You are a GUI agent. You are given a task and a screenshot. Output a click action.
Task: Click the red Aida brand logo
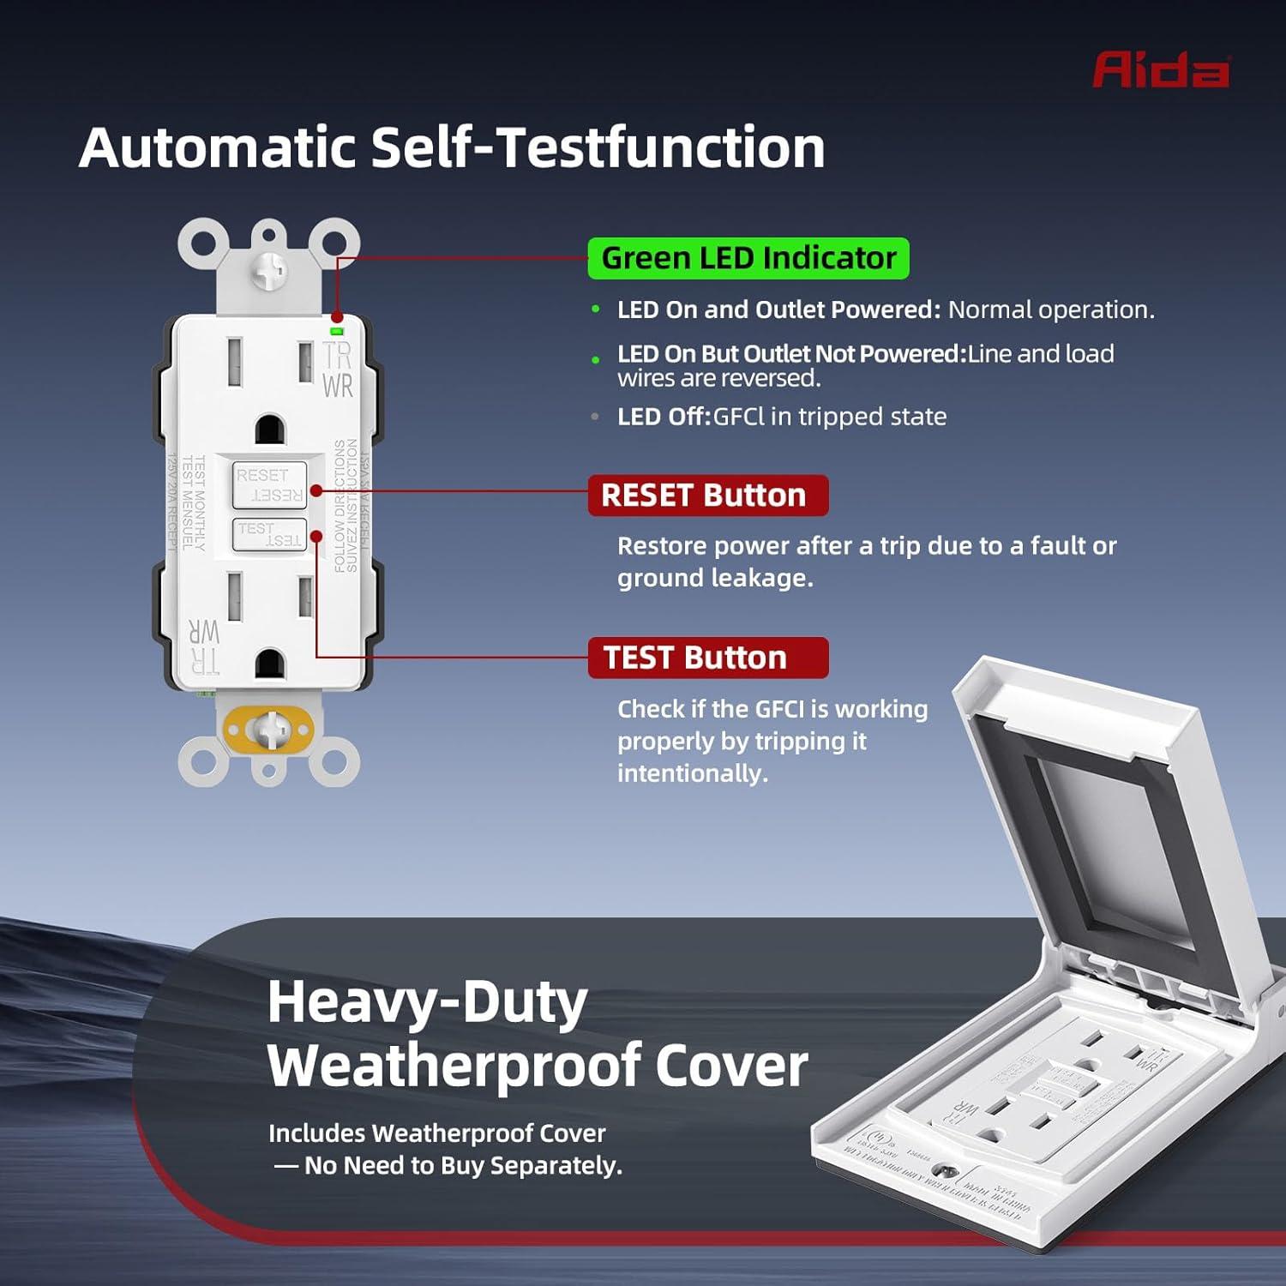pyautogui.click(x=1161, y=69)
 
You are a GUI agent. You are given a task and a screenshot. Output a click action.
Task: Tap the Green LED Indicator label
pyautogui.click(x=748, y=258)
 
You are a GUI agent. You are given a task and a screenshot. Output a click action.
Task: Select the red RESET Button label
pyautogui.click(x=707, y=496)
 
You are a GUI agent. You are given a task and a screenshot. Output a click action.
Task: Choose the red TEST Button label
pyautogui.click(x=707, y=658)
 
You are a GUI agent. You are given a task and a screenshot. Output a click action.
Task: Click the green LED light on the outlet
pyautogui.click(x=337, y=330)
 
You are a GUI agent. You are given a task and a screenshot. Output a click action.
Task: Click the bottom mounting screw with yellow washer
pyautogui.click(x=269, y=730)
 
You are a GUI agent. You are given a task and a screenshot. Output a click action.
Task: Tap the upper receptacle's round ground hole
pyautogui.click(x=270, y=429)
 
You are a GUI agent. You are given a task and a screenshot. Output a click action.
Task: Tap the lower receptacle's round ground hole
pyautogui.click(x=270, y=663)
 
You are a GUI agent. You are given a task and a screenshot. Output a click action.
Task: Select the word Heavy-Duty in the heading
pyautogui.click(x=427, y=1001)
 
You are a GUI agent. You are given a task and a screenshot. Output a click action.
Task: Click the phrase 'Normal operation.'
pyautogui.click(x=1051, y=309)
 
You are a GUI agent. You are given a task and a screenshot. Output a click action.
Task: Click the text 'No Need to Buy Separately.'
pyautogui.click(x=463, y=1166)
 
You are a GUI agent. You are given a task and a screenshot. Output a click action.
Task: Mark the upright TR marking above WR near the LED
pyautogui.click(x=337, y=355)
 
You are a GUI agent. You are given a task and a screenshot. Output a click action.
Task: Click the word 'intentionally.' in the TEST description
pyautogui.click(x=692, y=773)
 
